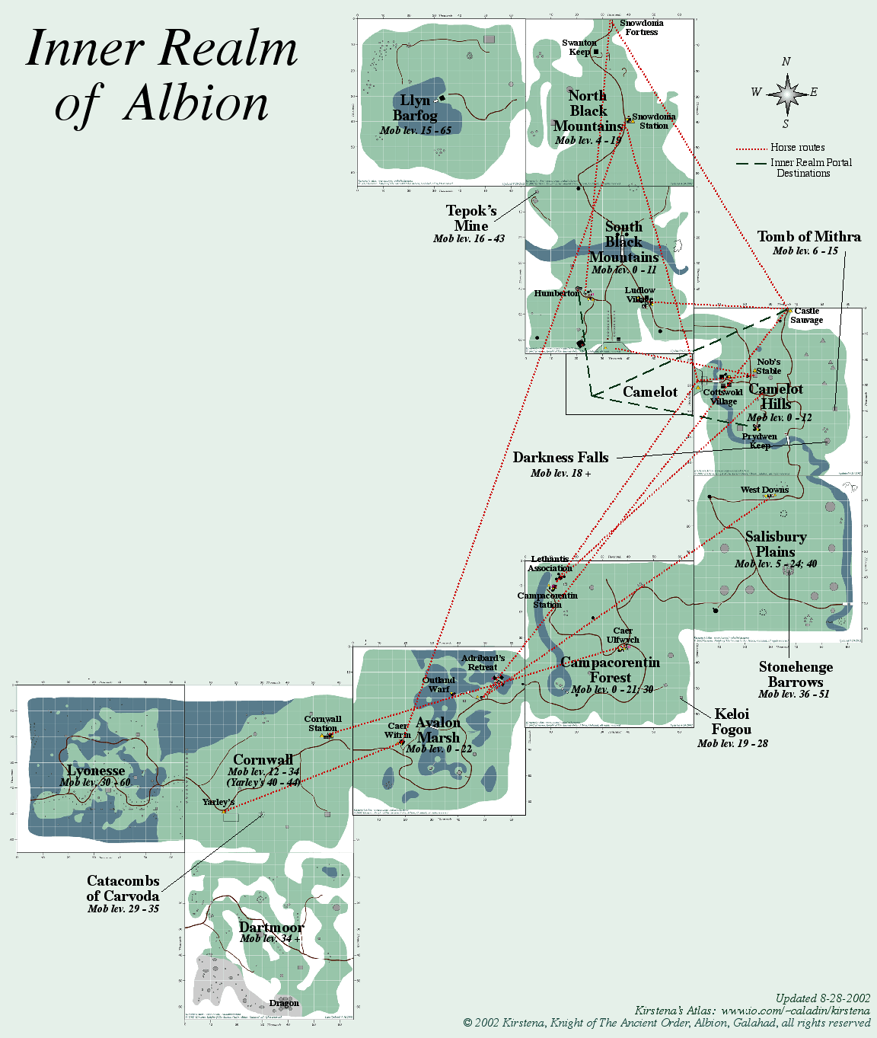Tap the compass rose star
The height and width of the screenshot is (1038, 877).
point(787,94)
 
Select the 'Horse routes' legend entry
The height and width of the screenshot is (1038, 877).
point(797,148)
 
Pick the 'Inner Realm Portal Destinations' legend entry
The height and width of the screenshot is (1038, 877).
point(809,168)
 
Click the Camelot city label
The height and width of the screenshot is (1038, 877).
point(649,392)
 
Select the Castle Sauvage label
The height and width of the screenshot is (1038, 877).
point(806,315)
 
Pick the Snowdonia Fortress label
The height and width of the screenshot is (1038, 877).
point(641,27)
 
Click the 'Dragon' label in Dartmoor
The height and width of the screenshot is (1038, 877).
point(284,1003)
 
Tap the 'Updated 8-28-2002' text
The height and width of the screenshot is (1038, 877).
point(822,998)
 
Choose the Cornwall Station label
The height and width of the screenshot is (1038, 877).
point(323,723)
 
